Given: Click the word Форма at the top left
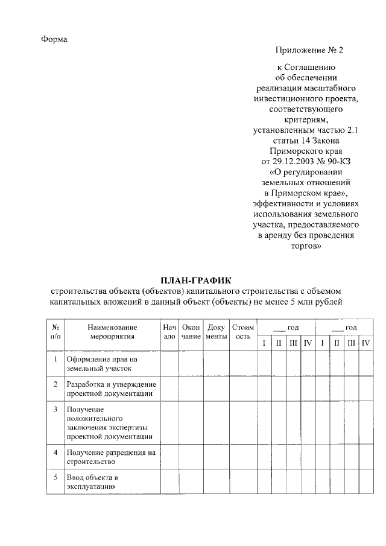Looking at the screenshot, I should [54, 39].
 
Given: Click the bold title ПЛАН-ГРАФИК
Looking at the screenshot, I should [195, 279].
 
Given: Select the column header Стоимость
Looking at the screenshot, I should [242, 332].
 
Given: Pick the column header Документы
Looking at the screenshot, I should [216, 332].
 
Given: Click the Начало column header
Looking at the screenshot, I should [169, 332].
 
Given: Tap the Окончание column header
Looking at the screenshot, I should [191, 332].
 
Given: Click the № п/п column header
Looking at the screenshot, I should [55, 332].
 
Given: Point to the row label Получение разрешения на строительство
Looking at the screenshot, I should [111, 457].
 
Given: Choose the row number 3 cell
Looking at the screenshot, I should [55, 410].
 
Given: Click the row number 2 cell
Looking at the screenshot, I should [55, 384].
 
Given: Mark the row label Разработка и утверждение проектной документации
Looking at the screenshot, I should [111, 389].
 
